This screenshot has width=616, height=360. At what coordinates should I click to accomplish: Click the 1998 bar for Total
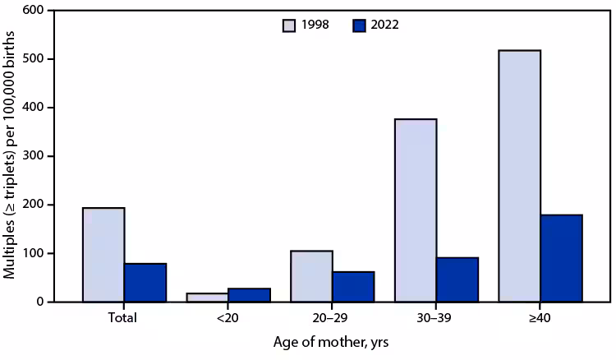(103, 255)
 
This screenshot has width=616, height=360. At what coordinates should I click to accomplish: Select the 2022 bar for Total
(145, 283)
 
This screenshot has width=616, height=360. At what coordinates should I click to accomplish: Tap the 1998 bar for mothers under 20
(208, 298)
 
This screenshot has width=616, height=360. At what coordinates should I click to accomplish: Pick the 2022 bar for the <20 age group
(249, 295)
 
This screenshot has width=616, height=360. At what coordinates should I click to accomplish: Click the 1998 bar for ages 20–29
(311, 276)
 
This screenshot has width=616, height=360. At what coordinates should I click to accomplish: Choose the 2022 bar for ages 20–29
(353, 287)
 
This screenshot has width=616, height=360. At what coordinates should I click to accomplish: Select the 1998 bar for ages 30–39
(416, 210)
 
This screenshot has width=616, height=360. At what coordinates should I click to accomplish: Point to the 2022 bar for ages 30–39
(457, 279)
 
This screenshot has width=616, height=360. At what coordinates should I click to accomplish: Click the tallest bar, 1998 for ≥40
(519, 176)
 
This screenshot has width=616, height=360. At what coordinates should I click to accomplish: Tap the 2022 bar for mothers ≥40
(561, 258)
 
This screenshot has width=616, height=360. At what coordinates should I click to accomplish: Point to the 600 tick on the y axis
(36, 11)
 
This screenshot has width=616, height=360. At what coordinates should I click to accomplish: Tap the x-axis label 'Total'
(124, 316)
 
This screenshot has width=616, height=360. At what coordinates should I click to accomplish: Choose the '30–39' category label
(436, 316)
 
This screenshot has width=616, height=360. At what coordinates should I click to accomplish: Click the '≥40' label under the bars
(540, 316)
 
